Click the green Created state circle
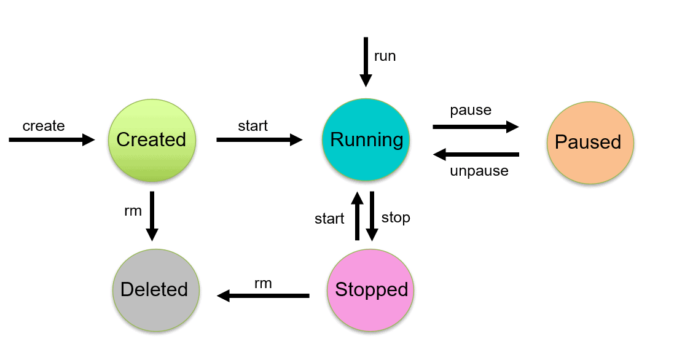[x=151, y=140]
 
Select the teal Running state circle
[x=366, y=140]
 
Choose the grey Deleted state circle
[x=155, y=289]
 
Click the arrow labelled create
[x=52, y=140]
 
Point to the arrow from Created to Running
[x=259, y=140]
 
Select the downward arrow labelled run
[x=366, y=61]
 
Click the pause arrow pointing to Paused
[x=476, y=127]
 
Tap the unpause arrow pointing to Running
[x=476, y=154]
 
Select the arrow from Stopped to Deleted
[x=263, y=296]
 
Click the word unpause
[x=479, y=171]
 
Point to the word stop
[x=396, y=217]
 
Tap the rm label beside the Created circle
[x=133, y=211]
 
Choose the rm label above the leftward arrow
[x=263, y=283]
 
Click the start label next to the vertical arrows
[x=329, y=219]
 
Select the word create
[x=44, y=126]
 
